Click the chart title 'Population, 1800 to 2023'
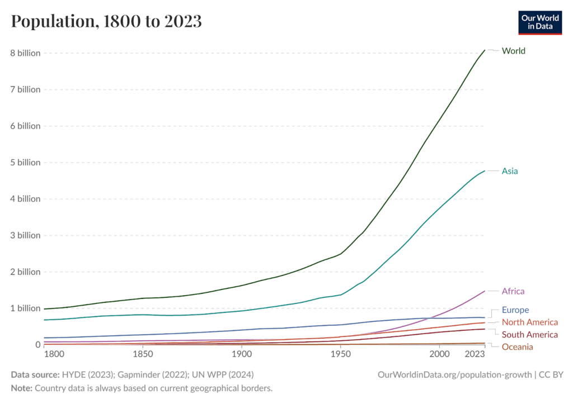point(106,21)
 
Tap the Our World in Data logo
point(540,22)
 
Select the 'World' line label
point(514,51)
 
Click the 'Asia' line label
point(510,171)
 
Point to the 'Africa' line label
point(513,291)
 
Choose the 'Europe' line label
point(515,310)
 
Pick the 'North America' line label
point(530,322)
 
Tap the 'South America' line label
point(530,335)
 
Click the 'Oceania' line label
point(518,347)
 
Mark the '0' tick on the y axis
point(37,345)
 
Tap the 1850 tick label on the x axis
point(143,354)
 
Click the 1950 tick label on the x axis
point(340,354)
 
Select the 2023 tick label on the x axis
point(475,354)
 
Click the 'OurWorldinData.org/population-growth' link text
point(455,374)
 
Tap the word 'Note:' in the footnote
point(22,387)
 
